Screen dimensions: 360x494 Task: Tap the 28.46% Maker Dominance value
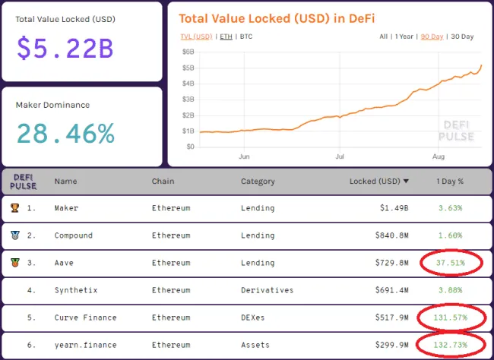tap(65, 134)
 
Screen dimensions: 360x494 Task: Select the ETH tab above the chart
tap(226, 36)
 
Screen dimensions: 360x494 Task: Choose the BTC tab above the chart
tap(246, 36)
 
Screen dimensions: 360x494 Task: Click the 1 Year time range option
tap(405, 36)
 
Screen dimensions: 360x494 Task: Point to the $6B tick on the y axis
tap(188, 52)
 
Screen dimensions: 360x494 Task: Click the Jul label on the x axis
tap(340, 157)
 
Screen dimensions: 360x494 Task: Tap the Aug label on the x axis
tap(439, 157)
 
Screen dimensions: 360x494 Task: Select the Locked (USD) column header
tap(378, 182)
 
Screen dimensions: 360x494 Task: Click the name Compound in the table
tap(74, 235)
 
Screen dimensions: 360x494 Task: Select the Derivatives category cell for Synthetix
tap(267, 290)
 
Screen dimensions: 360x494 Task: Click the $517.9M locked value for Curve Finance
tap(393, 317)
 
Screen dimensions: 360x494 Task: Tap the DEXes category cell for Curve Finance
tap(253, 317)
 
